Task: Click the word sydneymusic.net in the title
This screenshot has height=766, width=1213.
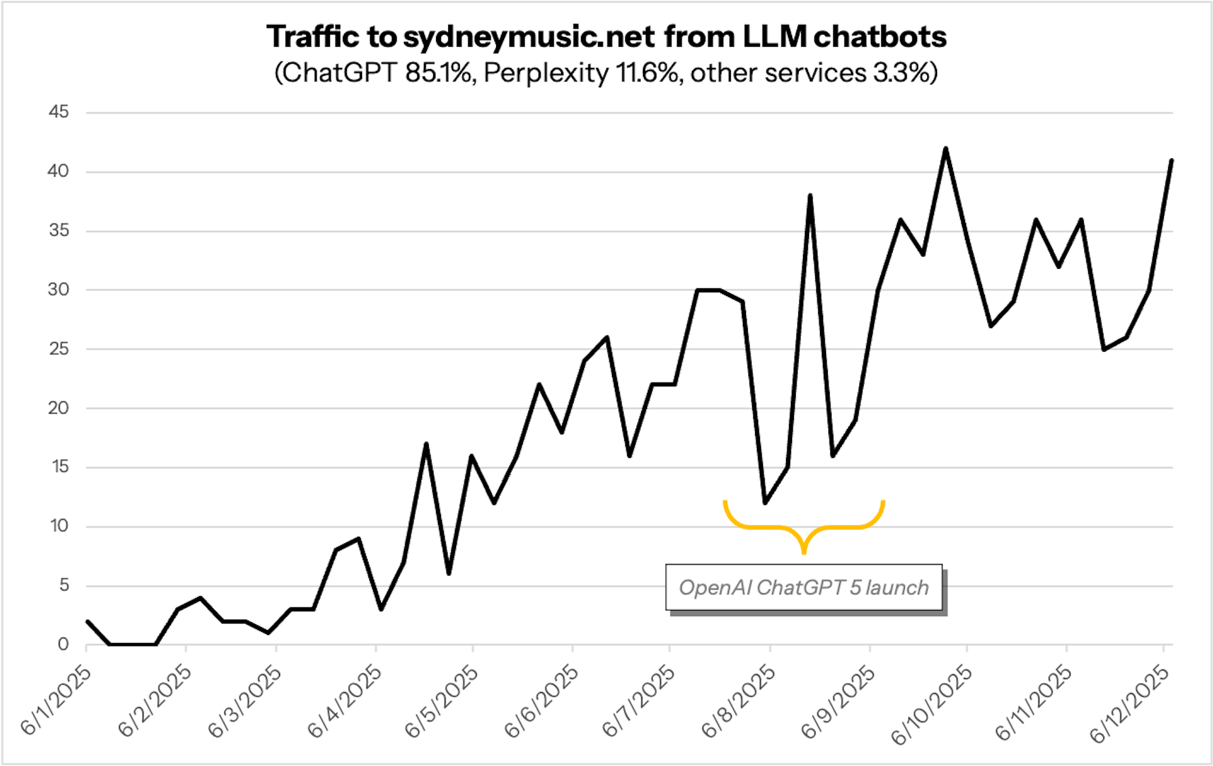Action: coord(528,37)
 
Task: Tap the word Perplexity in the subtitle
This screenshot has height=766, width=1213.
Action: coord(546,73)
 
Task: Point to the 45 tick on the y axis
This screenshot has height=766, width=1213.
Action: coord(59,112)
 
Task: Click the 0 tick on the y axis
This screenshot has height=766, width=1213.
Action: coord(63,644)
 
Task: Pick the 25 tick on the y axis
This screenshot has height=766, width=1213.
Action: coord(59,349)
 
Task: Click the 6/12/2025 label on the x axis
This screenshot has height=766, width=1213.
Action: coord(1129,704)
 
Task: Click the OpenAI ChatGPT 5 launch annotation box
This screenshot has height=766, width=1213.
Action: coord(804,587)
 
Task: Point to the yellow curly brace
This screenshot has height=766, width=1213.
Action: coord(804,526)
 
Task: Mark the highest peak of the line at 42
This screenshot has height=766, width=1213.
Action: coord(946,149)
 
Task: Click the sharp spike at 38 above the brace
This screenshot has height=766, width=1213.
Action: coord(810,196)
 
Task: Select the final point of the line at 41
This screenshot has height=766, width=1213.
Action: coord(1171,161)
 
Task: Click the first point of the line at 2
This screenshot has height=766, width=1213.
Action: coord(88,621)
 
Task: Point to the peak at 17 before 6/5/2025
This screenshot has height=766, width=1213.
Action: coord(426,444)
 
